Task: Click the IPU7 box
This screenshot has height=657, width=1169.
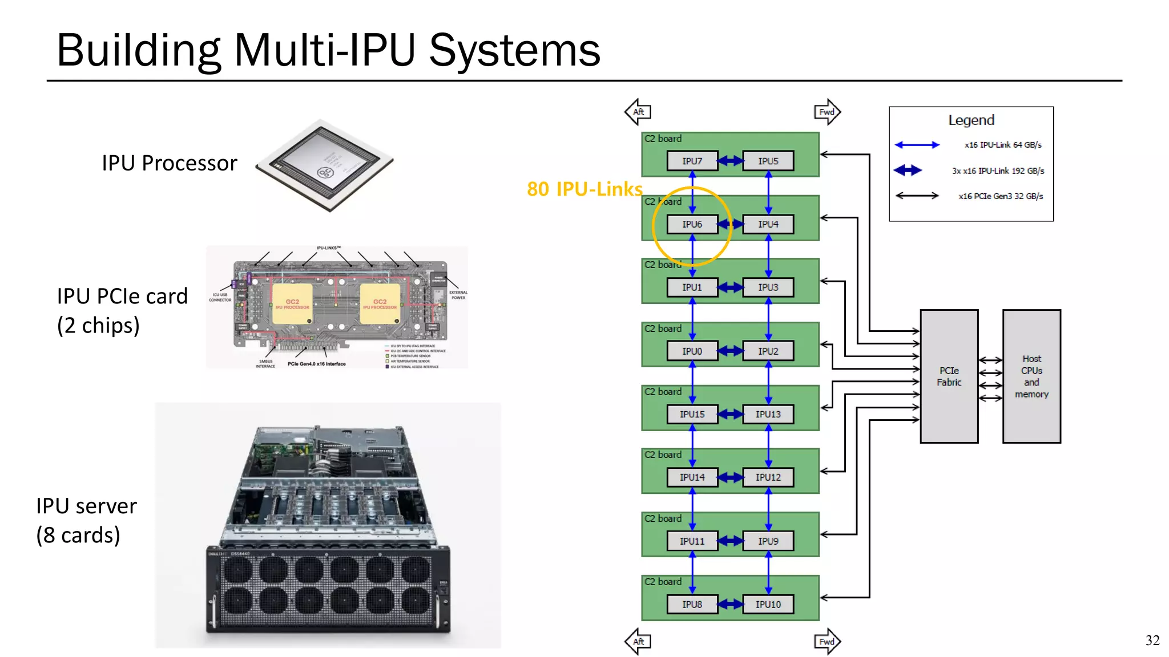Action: pos(692,161)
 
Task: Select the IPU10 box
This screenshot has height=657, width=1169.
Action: pos(768,605)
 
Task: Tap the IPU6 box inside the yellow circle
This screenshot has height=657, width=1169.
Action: pos(692,225)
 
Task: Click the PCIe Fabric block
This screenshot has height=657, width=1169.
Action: pos(949,376)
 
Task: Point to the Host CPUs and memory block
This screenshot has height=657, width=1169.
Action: pos(1031,376)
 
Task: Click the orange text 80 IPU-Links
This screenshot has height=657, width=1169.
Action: pos(584,189)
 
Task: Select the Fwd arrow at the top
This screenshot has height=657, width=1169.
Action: pos(827,112)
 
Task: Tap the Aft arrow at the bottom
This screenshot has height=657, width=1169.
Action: pos(638,642)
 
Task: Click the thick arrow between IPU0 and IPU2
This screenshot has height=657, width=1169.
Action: pos(730,351)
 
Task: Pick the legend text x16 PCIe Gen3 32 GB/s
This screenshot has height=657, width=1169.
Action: pos(1000,196)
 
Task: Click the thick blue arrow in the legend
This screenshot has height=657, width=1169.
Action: pos(908,170)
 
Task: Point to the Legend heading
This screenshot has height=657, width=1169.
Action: pos(971,120)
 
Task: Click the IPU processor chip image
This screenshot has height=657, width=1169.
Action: pos(325,165)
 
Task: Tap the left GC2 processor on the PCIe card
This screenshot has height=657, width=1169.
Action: pos(292,304)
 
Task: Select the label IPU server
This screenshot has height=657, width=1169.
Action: pos(86,506)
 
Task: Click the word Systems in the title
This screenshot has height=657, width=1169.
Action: pos(514,50)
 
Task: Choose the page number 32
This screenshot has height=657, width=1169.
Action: pos(1152,640)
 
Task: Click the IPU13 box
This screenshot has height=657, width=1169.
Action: pos(768,415)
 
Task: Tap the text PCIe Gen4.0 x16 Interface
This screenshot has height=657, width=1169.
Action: pos(316,364)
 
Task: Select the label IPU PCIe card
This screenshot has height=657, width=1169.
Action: pos(122,297)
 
